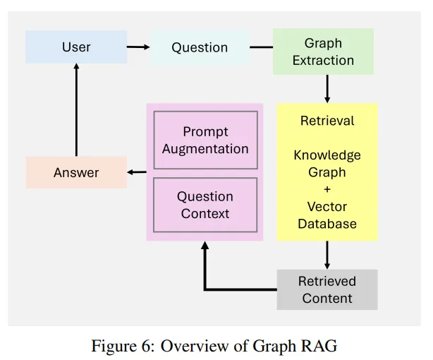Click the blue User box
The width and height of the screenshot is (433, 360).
(x=76, y=47)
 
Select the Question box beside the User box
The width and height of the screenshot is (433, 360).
(x=200, y=47)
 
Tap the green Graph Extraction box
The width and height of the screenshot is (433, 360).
(x=323, y=52)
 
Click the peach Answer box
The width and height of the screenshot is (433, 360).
(x=76, y=172)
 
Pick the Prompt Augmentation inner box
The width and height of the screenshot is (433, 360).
(x=205, y=140)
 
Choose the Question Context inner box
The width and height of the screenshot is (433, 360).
(x=205, y=205)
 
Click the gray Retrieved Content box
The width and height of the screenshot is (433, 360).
(x=327, y=289)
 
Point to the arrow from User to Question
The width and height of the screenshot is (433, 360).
(x=138, y=47)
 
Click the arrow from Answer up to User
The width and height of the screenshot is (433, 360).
(x=76, y=110)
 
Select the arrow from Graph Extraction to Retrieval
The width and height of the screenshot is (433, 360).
(x=327, y=89)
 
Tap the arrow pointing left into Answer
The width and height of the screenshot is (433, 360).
(x=137, y=172)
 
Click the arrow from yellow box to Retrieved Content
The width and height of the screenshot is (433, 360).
(x=327, y=255)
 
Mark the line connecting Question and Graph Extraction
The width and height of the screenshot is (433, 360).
(x=261, y=47)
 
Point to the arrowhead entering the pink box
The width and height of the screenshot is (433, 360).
(x=205, y=245)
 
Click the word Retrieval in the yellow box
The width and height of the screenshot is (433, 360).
(x=327, y=121)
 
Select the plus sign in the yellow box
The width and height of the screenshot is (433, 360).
(x=327, y=189)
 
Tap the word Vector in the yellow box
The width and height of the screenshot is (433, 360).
(x=327, y=207)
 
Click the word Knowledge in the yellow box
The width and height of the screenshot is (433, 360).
(x=327, y=155)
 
